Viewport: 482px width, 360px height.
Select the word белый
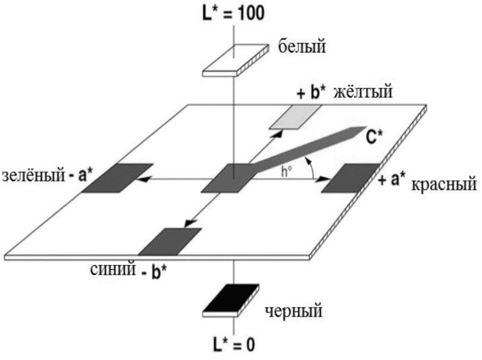point(302,45)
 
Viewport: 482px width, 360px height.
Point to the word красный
point(444,184)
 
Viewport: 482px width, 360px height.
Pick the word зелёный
point(32,175)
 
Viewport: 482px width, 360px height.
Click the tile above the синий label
point(170,241)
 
